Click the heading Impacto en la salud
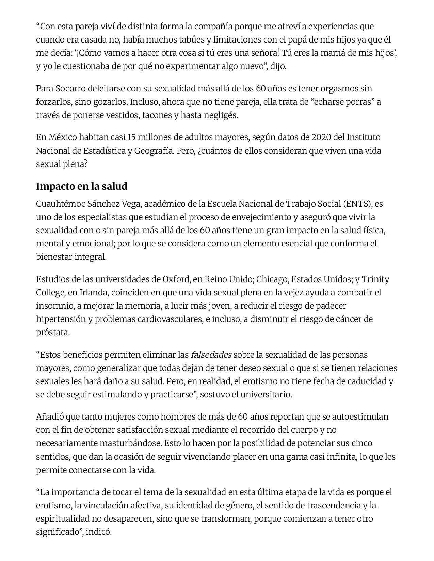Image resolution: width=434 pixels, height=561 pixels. [x=82, y=186]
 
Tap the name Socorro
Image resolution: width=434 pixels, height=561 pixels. [x=70, y=89]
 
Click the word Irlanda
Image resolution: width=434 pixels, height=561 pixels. [x=94, y=293]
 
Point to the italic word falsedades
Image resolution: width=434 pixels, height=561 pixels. [x=211, y=355]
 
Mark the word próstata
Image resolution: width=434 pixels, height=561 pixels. [x=53, y=333]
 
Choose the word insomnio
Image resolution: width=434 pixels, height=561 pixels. [x=54, y=306]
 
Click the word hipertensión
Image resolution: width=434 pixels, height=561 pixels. [x=62, y=319]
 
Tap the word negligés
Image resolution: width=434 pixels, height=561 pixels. [x=221, y=115]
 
